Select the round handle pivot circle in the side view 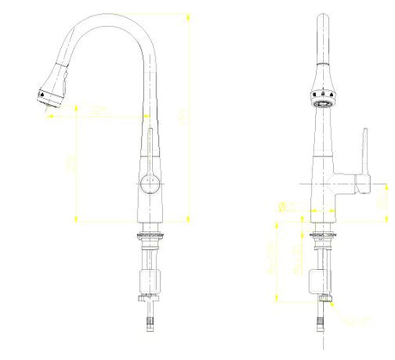(149, 182)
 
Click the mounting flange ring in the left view (150, 234)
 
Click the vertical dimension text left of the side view (70, 162)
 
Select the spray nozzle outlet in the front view (324, 102)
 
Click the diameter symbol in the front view (283, 204)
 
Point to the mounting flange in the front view (323, 235)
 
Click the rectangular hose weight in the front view (324, 279)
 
